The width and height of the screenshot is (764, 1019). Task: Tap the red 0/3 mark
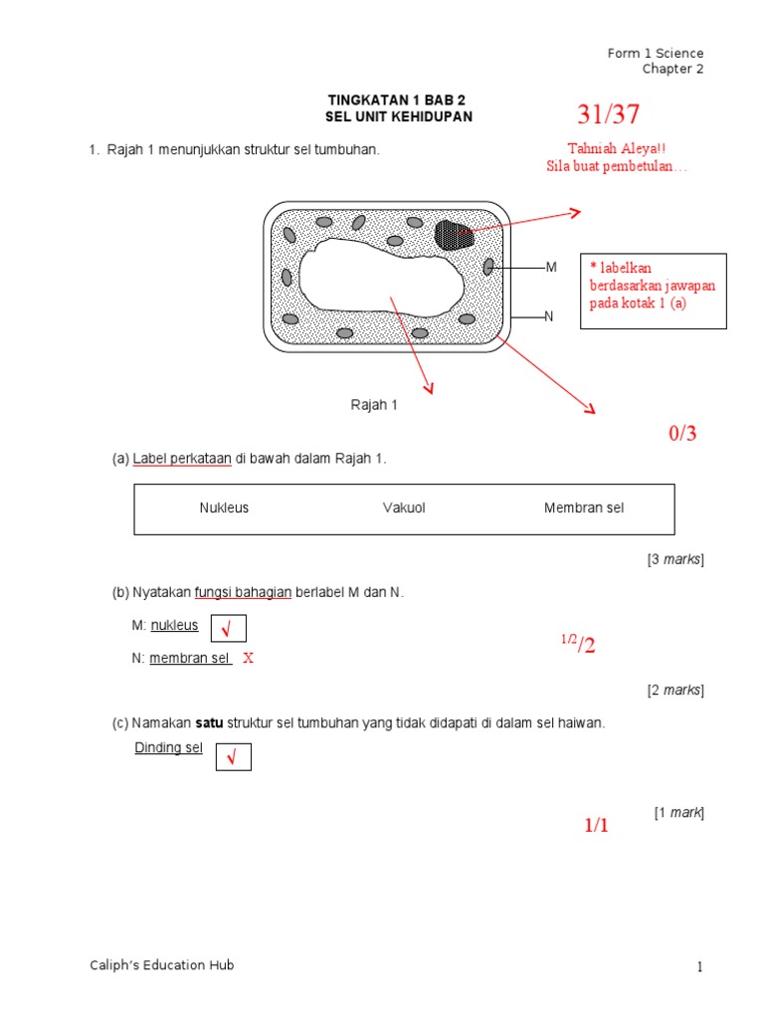(x=682, y=434)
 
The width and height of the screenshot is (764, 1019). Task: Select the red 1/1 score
(x=595, y=826)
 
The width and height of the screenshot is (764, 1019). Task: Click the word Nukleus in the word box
(x=224, y=509)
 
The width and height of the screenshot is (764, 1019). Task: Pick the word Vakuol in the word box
(x=404, y=509)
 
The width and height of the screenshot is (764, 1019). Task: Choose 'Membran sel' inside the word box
(x=584, y=509)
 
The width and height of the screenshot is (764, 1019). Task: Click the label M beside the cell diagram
(x=551, y=268)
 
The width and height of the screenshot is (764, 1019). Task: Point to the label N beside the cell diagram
(x=548, y=316)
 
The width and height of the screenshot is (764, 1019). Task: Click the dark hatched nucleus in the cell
(x=454, y=235)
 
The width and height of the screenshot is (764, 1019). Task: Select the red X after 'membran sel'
(x=249, y=658)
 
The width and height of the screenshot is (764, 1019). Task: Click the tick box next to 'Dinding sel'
(x=233, y=758)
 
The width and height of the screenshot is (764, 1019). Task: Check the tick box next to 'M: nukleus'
(x=228, y=629)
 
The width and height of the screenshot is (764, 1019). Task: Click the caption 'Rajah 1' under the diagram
(x=373, y=405)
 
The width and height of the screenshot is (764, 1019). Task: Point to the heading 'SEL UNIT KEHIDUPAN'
(x=399, y=117)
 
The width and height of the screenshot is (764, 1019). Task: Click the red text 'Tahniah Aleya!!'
(x=616, y=148)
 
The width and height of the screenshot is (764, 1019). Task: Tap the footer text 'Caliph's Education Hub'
(x=160, y=965)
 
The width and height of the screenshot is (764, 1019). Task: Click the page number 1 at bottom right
(x=699, y=967)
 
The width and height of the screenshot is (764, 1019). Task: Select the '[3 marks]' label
(x=675, y=559)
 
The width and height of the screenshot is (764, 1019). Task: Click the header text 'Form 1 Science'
(x=656, y=53)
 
